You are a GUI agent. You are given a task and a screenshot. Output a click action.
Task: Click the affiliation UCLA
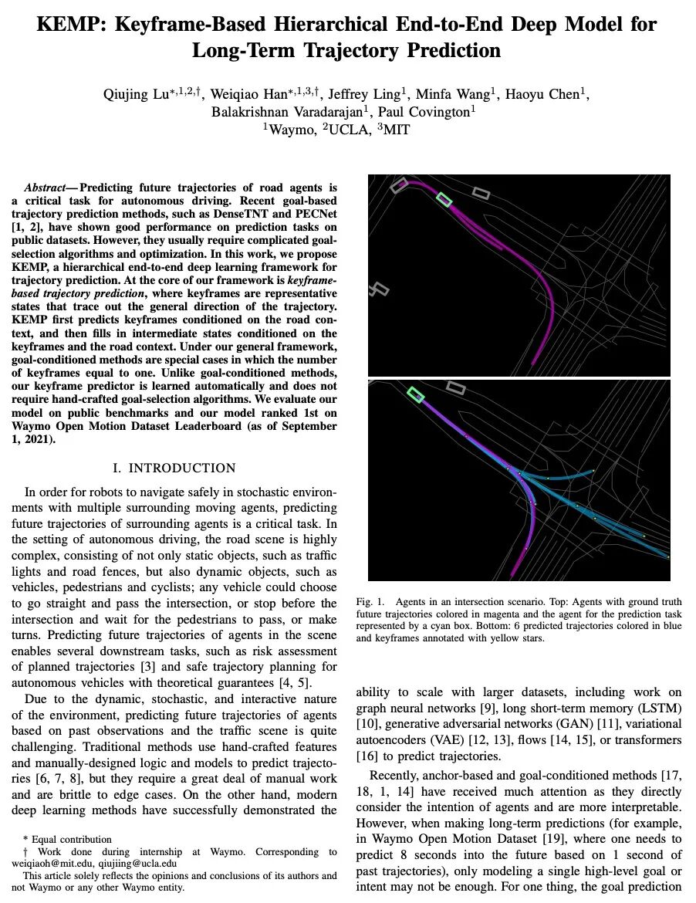click(x=343, y=130)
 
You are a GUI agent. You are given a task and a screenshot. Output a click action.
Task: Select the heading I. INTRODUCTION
click(x=174, y=468)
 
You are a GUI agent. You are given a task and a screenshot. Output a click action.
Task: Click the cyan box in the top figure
click(x=444, y=199)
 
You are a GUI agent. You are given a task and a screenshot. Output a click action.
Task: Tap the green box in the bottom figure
click(x=416, y=395)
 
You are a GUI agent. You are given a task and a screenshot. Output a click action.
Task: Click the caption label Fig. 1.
click(x=369, y=601)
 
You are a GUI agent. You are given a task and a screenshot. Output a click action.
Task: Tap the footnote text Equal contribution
click(x=71, y=840)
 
